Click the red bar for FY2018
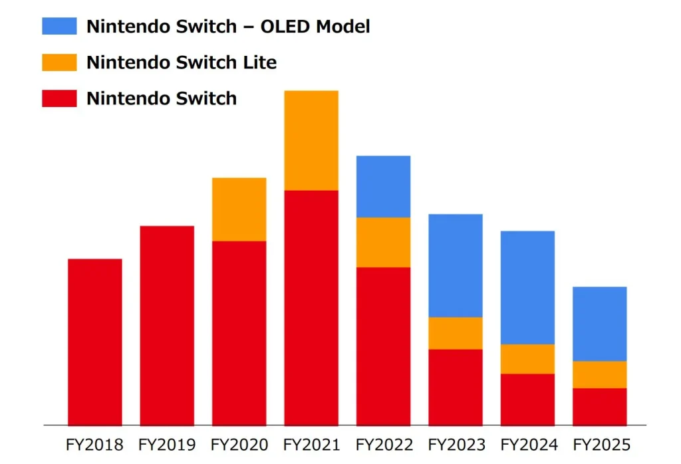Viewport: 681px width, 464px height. tap(94, 342)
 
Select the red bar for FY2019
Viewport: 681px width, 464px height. tap(167, 325)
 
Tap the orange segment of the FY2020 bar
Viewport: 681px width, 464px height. tap(239, 209)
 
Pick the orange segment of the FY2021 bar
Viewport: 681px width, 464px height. tap(311, 140)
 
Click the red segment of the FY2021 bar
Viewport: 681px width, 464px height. tap(311, 307)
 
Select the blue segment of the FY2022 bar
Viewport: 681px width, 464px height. tap(383, 187)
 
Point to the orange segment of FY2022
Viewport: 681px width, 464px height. tap(383, 243)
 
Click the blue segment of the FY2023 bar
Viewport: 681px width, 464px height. tap(456, 265)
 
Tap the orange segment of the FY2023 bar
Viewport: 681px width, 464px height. tap(456, 333)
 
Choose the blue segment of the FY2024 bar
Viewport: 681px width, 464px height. tap(527, 287)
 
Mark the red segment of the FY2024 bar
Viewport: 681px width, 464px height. tap(527, 399)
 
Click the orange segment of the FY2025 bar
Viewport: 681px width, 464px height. tap(599, 374)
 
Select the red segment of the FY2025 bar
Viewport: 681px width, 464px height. tap(599, 406)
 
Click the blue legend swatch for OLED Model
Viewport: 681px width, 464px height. tap(59, 27)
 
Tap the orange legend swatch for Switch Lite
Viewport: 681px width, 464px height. tap(59, 62)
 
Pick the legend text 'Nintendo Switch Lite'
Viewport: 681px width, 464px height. tap(182, 62)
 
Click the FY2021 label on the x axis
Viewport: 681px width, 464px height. tap(311, 444)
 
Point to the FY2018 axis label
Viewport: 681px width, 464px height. tap(94, 444)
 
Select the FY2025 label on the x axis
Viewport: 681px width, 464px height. tap(601, 444)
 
